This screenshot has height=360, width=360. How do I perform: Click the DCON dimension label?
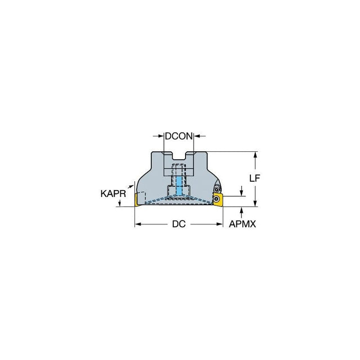tap(179, 136)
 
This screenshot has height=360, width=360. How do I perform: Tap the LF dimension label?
tap(255, 178)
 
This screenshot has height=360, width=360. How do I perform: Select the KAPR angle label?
tap(113, 193)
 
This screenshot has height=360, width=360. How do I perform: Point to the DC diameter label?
tap(179, 224)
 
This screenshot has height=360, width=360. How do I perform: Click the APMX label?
tap(242, 224)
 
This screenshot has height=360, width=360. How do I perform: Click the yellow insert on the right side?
tap(218, 200)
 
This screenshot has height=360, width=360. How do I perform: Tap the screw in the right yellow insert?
tap(216, 199)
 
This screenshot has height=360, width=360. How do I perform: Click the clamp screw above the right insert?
tap(216, 190)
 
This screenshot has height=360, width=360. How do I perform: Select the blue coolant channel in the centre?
tap(179, 186)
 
